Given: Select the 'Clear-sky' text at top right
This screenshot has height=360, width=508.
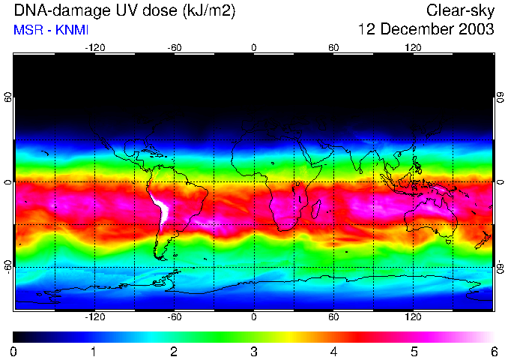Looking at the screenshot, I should pos(460,10).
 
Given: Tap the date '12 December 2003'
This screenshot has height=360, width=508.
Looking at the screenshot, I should pos(426,30).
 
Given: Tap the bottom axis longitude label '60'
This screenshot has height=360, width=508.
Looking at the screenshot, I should pos(333,317).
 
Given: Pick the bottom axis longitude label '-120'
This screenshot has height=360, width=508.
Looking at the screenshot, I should pos(94,317).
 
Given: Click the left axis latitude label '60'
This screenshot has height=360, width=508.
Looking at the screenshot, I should pos(8,98).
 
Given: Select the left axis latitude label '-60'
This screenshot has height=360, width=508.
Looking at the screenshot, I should pos(8,266).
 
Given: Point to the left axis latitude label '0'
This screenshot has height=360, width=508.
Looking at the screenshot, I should pos(8,182).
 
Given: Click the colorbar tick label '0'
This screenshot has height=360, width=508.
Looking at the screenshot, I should pos(14,352).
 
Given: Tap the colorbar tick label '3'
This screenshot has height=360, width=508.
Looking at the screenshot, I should pos(254,352).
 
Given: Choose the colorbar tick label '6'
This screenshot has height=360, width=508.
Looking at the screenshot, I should pos(493,352).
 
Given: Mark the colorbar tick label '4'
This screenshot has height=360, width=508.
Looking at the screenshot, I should pos(333,352).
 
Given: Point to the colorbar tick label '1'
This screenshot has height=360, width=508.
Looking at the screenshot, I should pos(94,352).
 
